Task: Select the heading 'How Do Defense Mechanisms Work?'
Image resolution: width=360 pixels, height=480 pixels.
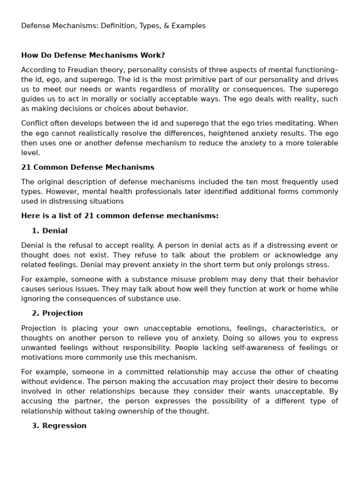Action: tap(93, 55)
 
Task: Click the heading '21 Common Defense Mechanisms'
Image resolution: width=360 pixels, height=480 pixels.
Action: tap(88, 167)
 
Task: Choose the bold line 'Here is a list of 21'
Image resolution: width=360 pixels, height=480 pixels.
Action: tap(120, 216)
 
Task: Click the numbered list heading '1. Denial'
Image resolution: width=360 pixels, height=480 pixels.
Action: tap(50, 231)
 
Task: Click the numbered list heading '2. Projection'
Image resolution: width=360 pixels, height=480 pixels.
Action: tap(57, 314)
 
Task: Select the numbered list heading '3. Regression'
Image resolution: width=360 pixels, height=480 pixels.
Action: tap(59, 426)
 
